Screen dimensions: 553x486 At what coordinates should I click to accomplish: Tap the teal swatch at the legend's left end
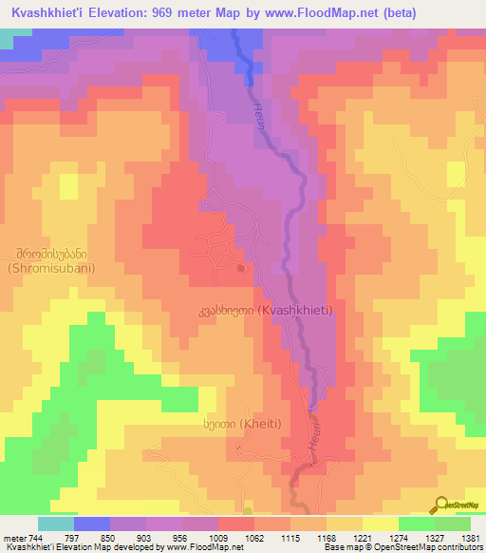pos(56,524)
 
